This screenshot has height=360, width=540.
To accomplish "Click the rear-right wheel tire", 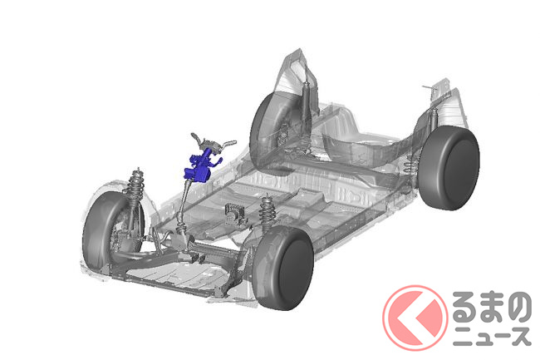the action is point(449,168).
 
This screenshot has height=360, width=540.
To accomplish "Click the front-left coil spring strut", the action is point(135,193).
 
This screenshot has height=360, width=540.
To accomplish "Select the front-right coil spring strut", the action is point(266,213).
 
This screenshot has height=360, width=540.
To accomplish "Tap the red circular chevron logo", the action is point(415,318).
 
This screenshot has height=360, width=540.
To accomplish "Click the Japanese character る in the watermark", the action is point(464,308).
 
